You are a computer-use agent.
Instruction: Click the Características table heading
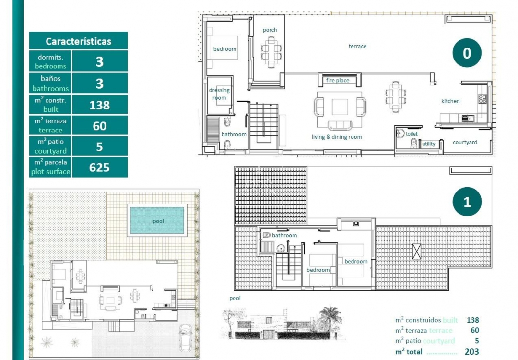(x=78, y=41)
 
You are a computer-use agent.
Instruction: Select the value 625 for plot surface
(x=99, y=167)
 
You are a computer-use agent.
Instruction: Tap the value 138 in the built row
(x=99, y=105)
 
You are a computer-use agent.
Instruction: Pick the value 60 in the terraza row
(x=99, y=126)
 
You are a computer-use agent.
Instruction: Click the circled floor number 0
(x=467, y=53)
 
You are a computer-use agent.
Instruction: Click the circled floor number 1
(x=467, y=202)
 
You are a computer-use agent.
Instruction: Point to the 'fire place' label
(x=338, y=81)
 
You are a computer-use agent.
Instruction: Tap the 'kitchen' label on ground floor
(x=450, y=101)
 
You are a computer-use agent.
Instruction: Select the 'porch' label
(x=270, y=30)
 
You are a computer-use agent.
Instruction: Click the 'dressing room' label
(x=219, y=94)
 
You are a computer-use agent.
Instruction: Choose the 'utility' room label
(x=428, y=144)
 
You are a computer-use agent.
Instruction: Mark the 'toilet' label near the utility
(x=412, y=134)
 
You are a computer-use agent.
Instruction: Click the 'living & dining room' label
(x=337, y=137)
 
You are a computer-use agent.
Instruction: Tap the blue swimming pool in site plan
(x=157, y=221)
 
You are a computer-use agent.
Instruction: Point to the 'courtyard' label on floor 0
(x=465, y=143)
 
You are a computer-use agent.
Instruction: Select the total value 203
(x=472, y=352)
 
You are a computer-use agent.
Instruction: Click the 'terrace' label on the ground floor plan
(x=357, y=47)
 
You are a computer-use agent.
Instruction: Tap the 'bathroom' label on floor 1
(x=284, y=236)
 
